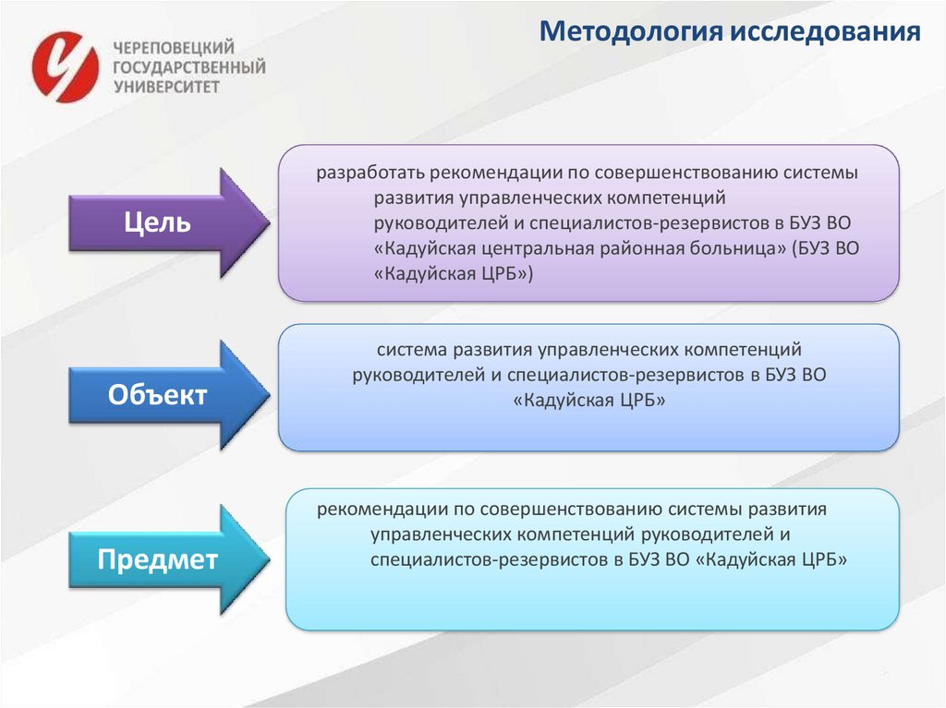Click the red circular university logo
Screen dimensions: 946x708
point(65,66)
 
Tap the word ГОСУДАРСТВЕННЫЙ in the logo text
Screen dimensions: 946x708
point(188,67)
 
